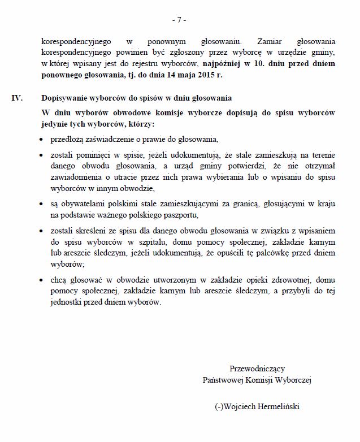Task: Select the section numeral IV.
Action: point(18,98)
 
